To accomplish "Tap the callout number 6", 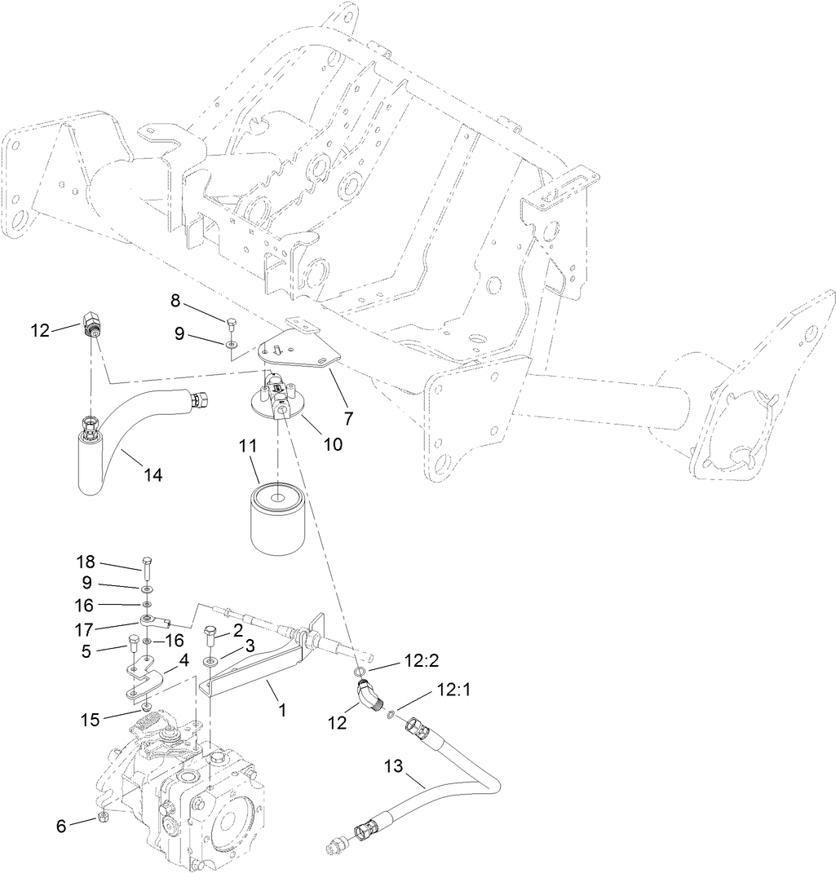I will [61, 825].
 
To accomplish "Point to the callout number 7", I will [348, 418].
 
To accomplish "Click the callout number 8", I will [175, 300].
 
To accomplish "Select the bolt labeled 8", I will [232, 323].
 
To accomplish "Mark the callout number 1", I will [281, 710].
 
